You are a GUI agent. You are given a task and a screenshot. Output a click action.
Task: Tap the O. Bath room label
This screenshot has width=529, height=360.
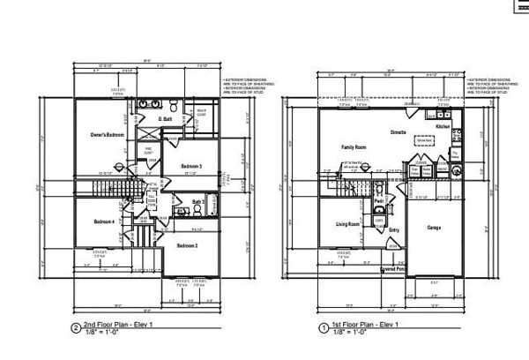(164, 119)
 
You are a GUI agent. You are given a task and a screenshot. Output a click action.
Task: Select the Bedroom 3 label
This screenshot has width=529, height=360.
(192, 166)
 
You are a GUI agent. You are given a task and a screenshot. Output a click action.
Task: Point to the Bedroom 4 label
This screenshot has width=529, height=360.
(104, 221)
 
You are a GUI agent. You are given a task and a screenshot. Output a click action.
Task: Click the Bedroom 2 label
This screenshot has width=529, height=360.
(187, 245)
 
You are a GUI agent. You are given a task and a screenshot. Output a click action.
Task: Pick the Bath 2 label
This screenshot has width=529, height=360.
(198, 203)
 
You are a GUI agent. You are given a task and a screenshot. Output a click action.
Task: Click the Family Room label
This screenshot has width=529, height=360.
(354, 146)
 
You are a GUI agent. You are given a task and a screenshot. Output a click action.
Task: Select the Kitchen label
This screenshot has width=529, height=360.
(443, 127)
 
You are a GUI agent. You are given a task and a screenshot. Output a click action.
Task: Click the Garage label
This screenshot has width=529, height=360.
(434, 227)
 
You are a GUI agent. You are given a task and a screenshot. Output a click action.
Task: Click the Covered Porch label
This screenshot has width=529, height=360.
(393, 268)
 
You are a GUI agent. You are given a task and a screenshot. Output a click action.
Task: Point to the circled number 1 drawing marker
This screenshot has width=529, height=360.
(324, 327)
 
